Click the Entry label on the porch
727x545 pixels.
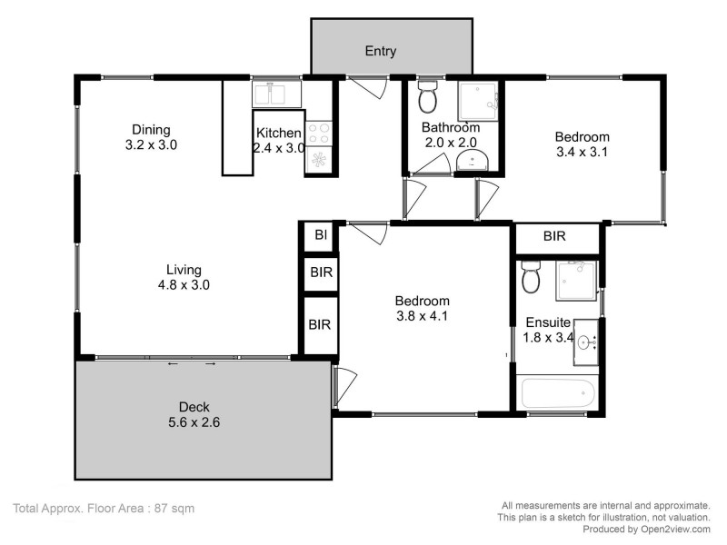(x=380, y=51)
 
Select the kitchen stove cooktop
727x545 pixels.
(x=320, y=134)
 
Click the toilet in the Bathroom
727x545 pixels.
(x=428, y=96)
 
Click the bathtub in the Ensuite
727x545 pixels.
(x=558, y=395)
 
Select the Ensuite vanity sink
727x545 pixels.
(x=584, y=342)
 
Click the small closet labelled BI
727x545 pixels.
(x=320, y=235)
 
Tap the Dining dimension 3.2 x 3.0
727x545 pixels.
(x=151, y=144)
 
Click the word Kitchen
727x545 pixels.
(x=278, y=133)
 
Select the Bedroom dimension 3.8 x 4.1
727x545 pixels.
(x=423, y=316)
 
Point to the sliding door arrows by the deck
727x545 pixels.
(x=192, y=363)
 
